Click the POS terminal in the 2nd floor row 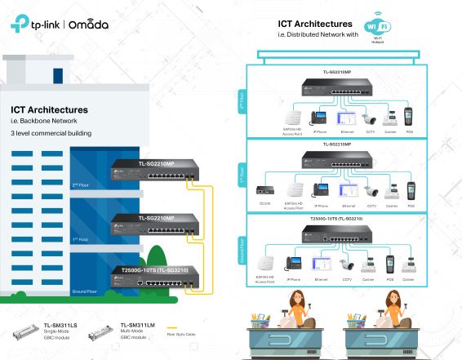(x=410, y=117)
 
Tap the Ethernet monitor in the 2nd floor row (x=348, y=117)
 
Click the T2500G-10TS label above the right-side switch (x=336, y=220)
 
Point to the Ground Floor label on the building (x=86, y=291)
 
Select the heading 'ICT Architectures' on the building (x=49, y=109)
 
